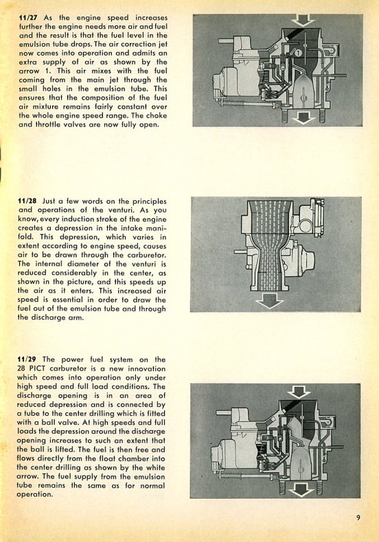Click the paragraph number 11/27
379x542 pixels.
(x=29, y=18)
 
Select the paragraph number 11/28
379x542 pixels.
(x=27, y=201)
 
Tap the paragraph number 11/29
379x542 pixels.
(x=27, y=360)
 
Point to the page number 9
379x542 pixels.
(x=358, y=517)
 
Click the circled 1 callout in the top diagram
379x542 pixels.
(x=299, y=53)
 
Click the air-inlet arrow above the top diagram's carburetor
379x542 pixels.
(x=303, y=21)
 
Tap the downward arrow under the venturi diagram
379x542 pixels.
(x=269, y=301)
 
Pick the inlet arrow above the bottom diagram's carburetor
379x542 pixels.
(x=299, y=392)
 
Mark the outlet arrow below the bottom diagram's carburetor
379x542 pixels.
(x=300, y=490)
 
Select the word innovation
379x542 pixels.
(x=147, y=368)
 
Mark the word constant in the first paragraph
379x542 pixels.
(x=131, y=107)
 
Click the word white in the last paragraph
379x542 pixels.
(x=155, y=467)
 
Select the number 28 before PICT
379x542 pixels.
(x=21, y=368)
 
